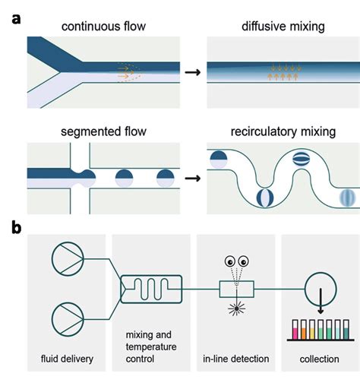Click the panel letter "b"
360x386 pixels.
[x=16, y=226]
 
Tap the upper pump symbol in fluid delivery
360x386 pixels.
[x=62, y=259]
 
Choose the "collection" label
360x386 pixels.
[x=315, y=358]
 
